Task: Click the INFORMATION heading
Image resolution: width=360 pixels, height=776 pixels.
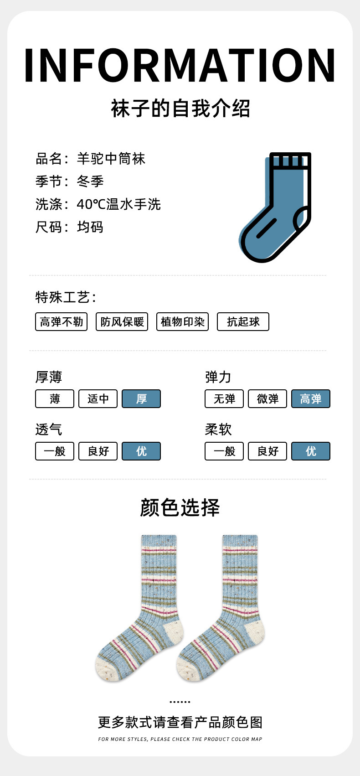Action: point(180,66)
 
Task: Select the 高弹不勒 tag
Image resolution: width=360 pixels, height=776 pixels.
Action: point(61,322)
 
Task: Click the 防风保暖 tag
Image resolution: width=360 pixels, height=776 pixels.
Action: point(122,322)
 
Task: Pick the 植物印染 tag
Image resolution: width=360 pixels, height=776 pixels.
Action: point(182,322)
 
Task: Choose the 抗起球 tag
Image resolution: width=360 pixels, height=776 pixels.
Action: point(243,322)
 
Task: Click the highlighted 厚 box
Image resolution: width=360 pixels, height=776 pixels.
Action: point(141,399)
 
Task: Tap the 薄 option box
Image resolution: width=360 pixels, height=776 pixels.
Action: point(55,399)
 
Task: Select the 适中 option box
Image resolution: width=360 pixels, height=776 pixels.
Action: point(98,399)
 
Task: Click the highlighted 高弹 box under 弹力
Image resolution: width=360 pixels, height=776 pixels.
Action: point(311,399)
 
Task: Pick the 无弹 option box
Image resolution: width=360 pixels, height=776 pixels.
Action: point(224,399)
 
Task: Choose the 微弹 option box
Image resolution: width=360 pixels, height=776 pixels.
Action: point(267,399)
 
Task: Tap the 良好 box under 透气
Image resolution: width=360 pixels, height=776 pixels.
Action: point(98,451)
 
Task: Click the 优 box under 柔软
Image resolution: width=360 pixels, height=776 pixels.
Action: point(311,451)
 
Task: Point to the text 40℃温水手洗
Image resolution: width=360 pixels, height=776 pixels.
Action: point(118,204)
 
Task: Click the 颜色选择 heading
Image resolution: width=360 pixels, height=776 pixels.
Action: point(180,507)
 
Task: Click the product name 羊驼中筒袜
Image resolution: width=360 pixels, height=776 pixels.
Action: point(111,159)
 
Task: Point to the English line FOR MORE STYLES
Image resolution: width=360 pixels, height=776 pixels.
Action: point(180,739)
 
